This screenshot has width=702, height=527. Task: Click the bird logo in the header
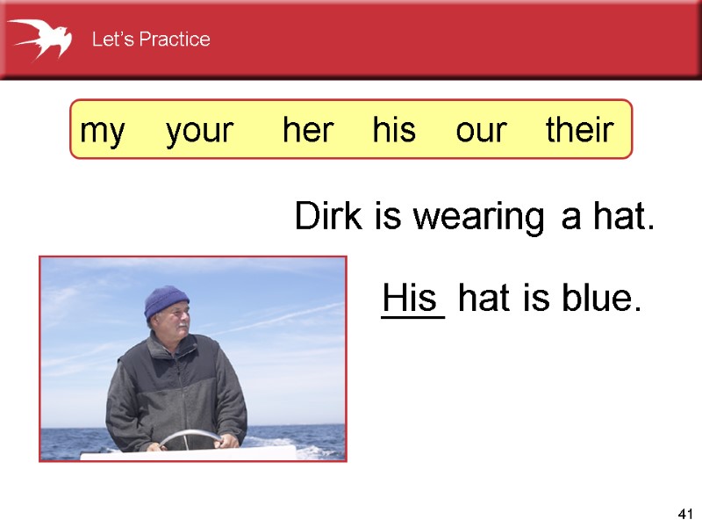[x=39, y=39]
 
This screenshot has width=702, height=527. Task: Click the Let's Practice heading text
[x=151, y=40]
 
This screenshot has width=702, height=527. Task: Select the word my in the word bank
[x=103, y=131]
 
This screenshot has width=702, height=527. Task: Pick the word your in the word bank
[x=200, y=131]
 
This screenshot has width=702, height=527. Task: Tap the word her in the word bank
[x=308, y=131]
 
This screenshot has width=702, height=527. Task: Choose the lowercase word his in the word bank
[x=394, y=131]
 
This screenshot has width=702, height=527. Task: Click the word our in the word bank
[x=481, y=131]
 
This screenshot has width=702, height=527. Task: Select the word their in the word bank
[x=579, y=131]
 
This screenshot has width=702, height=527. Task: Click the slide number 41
[x=685, y=513]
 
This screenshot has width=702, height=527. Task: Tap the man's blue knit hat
[x=167, y=301]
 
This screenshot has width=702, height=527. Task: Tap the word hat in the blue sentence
[x=486, y=300]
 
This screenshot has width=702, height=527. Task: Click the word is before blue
[x=535, y=300]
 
